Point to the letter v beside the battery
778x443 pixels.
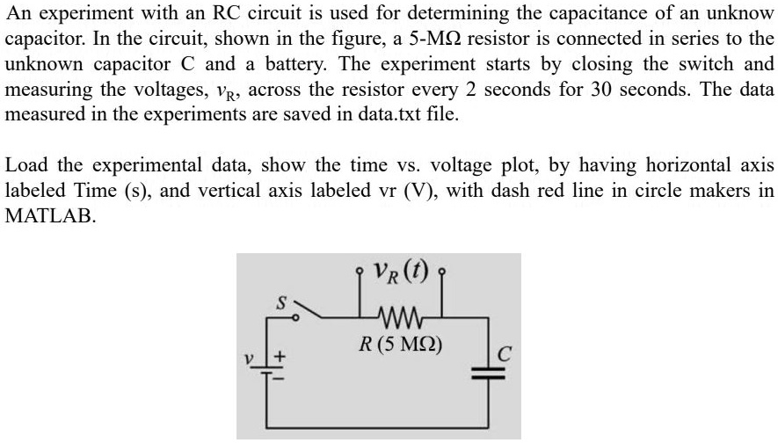point(249,360)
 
